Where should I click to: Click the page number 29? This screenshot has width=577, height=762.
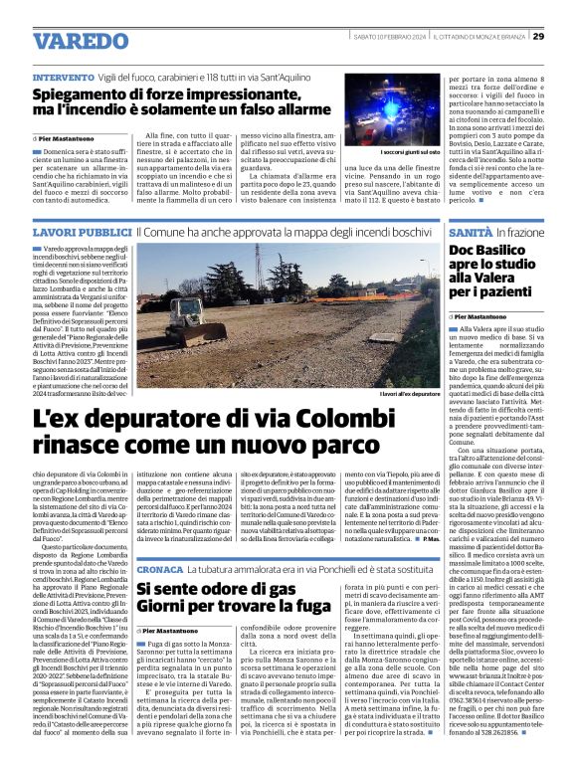coord(565,37)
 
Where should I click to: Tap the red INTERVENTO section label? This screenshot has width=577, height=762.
coord(65,77)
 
